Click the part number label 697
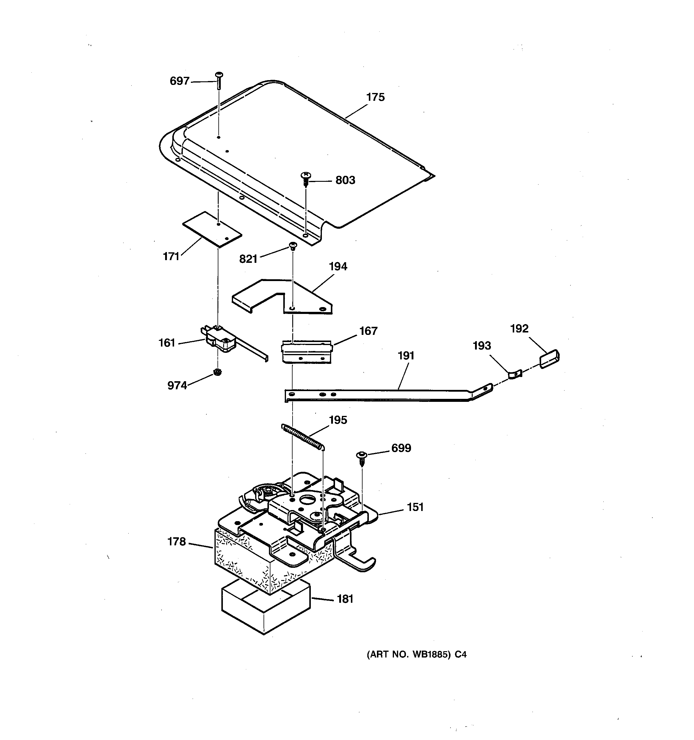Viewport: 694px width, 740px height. pos(179,81)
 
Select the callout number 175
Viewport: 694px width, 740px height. pos(375,97)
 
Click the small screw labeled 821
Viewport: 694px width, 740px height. pos(293,246)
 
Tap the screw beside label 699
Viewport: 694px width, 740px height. pos(361,459)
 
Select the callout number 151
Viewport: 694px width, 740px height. pos(416,507)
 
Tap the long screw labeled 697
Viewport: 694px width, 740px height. pos(219,80)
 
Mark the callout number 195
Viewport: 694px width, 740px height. pos(338,420)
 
